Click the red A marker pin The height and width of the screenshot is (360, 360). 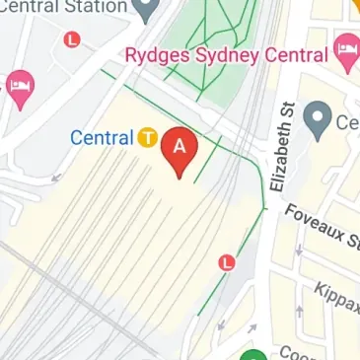180,151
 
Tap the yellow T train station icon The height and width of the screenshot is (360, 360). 148,138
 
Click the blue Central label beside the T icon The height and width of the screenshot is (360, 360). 101,138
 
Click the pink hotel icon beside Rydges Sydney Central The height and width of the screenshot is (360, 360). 346,51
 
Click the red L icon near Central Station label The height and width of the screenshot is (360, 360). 71,39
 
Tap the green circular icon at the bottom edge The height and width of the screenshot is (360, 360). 253,355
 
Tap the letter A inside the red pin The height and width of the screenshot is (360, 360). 180,145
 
